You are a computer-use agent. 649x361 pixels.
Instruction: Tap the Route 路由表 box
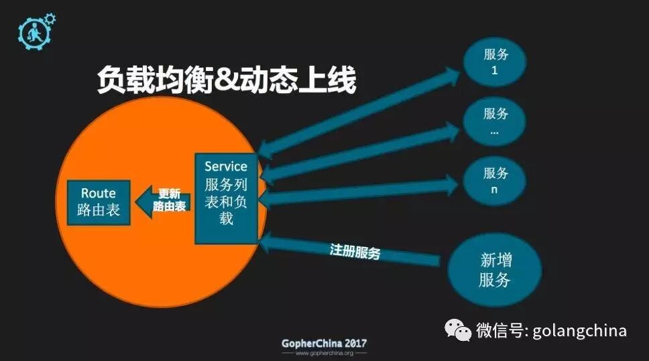(98, 202)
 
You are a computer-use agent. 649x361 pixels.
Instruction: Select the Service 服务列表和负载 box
(226, 198)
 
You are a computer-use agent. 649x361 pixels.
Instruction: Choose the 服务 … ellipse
(495, 121)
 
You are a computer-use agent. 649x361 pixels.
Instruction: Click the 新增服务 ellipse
(495, 269)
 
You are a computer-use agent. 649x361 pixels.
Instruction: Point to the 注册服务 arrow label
(355, 252)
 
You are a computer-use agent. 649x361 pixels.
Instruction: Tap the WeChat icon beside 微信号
(459, 330)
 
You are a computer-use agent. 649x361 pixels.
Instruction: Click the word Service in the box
(226, 166)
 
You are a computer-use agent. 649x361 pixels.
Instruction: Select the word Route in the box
(99, 193)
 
